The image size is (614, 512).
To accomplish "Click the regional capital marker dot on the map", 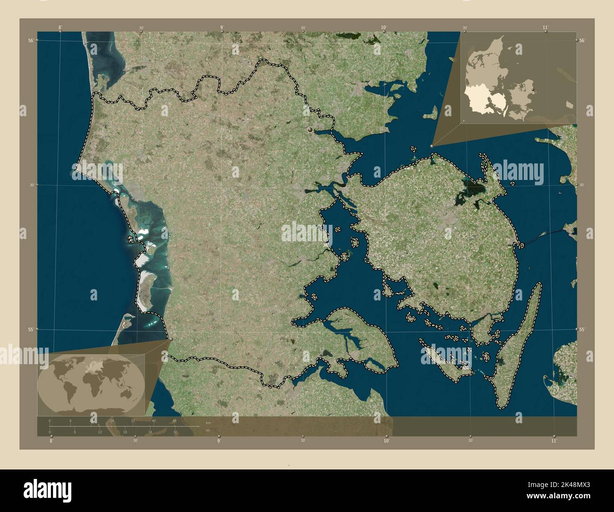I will [310, 129].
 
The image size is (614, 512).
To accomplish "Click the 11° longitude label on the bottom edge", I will [554, 440].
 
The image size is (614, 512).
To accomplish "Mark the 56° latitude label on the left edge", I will [30, 41].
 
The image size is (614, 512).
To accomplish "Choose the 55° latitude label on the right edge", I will [582, 329].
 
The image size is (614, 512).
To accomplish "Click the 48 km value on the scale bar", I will [174, 421].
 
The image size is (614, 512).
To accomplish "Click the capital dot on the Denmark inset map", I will [533, 89].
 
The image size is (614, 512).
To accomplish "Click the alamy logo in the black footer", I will [47, 490].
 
